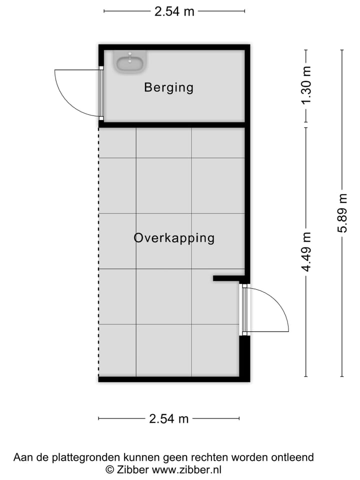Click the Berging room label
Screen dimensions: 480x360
(x=168, y=87)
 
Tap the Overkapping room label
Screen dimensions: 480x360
(x=174, y=238)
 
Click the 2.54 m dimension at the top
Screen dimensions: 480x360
(x=174, y=11)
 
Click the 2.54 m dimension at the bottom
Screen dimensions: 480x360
(x=169, y=419)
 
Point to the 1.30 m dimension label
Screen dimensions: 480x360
(x=306, y=85)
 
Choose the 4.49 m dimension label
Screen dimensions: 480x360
(x=306, y=251)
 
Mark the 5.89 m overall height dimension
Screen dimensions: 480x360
(x=342, y=213)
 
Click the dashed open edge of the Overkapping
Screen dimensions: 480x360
(x=98, y=250)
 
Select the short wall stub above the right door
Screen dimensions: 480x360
(x=227, y=278)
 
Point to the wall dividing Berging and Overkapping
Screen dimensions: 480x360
(x=172, y=124)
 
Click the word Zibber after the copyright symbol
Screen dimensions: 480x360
(x=132, y=470)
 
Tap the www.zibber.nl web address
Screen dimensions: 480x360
(x=186, y=470)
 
